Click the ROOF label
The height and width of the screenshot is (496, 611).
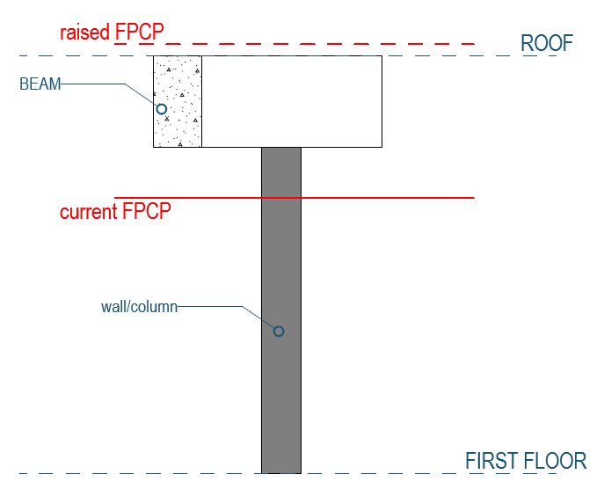pyautogui.click(x=547, y=43)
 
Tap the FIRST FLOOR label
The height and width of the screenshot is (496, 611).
pyautogui.click(x=525, y=461)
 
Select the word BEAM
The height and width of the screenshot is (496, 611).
pyautogui.click(x=40, y=84)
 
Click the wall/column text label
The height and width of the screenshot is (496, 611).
pyautogui.click(x=140, y=307)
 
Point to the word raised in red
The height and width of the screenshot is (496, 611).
pyautogui.click(x=85, y=33)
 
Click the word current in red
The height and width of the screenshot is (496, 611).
pyautogui.click(x=89, y=212)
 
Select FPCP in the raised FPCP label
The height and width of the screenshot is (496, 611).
pyautogui.click(x=140, y=33)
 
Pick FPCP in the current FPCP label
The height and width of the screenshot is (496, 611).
pyautogui.click(x=146, y=212)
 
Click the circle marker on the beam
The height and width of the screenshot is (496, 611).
pyautogui.click(x=161, y=109)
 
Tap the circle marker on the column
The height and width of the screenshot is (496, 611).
pyautogui.click(x=279, y=332)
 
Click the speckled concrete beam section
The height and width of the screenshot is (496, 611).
pyautogui.click(x=178, y=128)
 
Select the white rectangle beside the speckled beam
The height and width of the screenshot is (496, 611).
pyautogui.click(x=292, y=101)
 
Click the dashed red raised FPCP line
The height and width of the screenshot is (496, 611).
pyautogui.click(x=352, y=43)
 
